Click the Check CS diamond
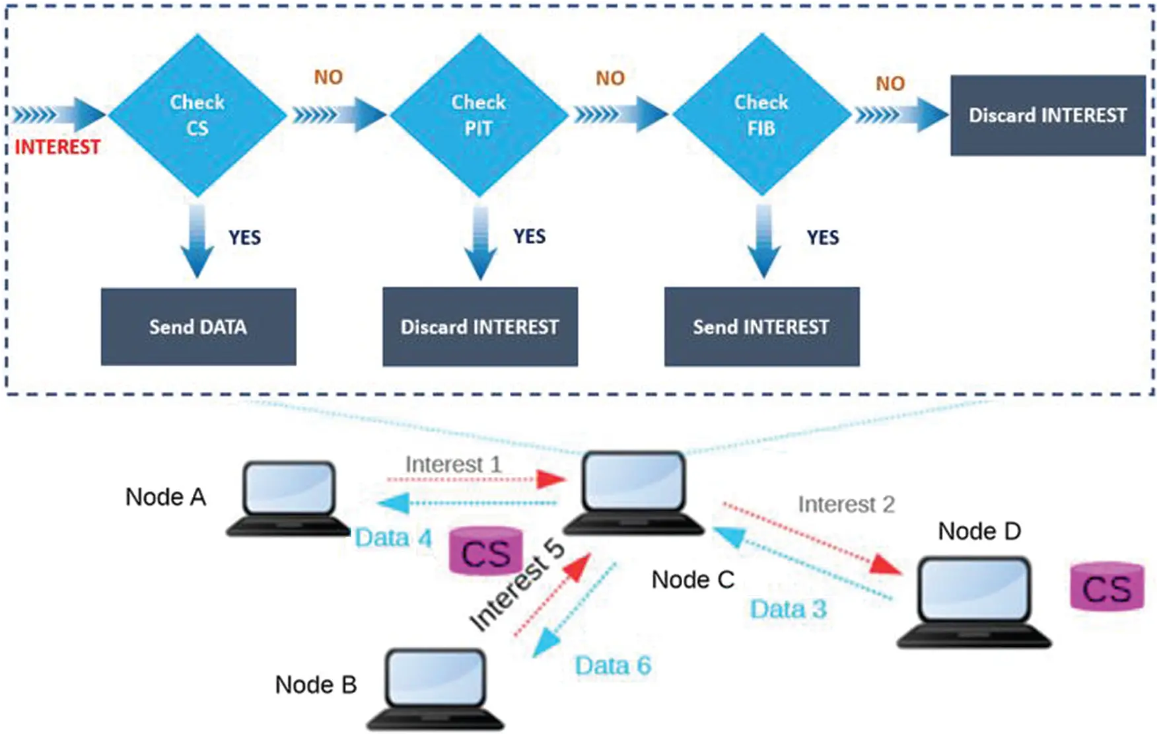(x=197, y=115)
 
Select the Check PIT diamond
(x=479, y=115)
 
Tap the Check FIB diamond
(x=761, y=115)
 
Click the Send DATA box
(x=198, y=326)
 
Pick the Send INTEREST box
(x=761, y=326)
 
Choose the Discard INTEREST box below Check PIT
(x=480, y=326)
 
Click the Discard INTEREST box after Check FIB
(x=1047, y=116)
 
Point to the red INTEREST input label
(x=57, y=147)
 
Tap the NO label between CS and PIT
(x=328, y=77)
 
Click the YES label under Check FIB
(x=822, y=237)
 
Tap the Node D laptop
(x=973, y=601)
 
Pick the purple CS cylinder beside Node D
(x=1107, y=587)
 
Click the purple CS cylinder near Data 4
(x=485, y=551)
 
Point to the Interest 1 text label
(x=453, y=464)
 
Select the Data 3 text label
(x=788, y=609)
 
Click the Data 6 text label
(x=612, y=665)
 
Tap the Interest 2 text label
(x=846, y=504)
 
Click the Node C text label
(x=692, y=579)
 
